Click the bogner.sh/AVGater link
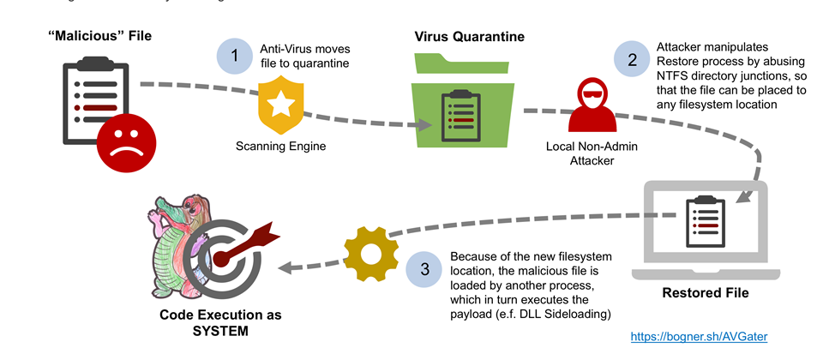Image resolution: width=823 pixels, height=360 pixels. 699,337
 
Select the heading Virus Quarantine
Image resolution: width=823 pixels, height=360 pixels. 469,36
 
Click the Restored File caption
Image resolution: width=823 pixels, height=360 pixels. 706,292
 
